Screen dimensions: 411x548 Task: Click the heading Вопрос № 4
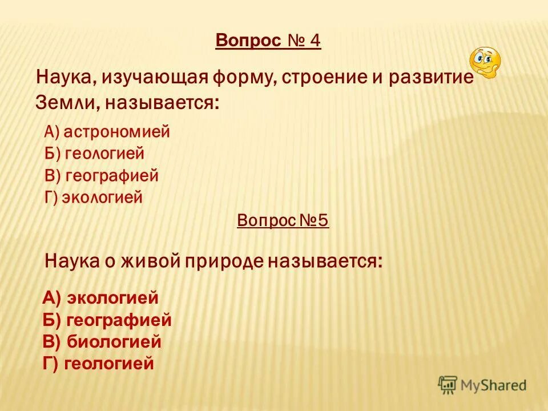pyautogui.click(x=268, y=42)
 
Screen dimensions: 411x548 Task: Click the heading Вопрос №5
pyautogui.click(x=283, y=220)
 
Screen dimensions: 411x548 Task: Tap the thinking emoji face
pyautogui.click(x=484, y=62)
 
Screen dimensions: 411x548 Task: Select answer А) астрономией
pyautogui.click(x=107, y=132)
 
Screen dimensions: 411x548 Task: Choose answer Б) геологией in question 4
pyautogui.click(x=94, y=154)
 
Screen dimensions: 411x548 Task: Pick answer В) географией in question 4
pyautogui.click(x=101, y=176)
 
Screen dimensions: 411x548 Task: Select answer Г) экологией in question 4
pyautogui.click(x=93, y=198)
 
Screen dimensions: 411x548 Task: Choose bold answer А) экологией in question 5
pyautogui.click(x=100, y=297)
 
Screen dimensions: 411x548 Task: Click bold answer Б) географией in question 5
pyautogui.click(x=107, y=320)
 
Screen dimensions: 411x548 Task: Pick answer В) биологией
pyautogui.click(x=102, y=342)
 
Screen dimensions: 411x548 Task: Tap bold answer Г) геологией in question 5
pyautogui.click(x=99, y=364)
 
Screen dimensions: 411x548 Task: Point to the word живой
pyautogui.click(x=151, y=261)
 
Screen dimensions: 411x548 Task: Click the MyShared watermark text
pyautogui.click(x=494, y=385)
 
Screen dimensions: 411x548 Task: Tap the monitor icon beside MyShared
pyautogui.click(x=448, y=385)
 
